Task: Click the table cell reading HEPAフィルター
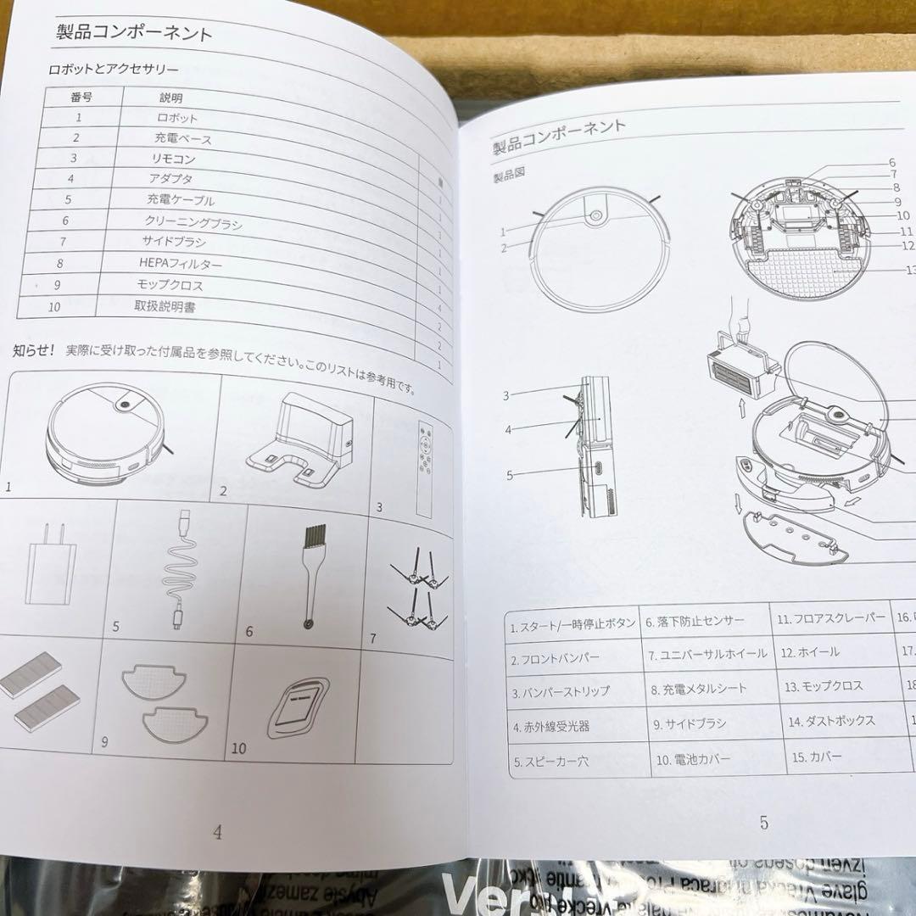[x=181, y=264]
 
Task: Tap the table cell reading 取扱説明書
[x=165, y=306]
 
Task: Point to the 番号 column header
[x=81, y=97]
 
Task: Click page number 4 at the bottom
[x=217, y=833]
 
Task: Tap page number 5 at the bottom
[x=763, y=822]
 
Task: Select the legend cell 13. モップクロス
[x=823, y=686]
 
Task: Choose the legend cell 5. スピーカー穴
[x=550, y=761]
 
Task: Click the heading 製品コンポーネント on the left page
[x=134, y=34]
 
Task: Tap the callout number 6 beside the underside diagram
[x=891, y=162]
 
